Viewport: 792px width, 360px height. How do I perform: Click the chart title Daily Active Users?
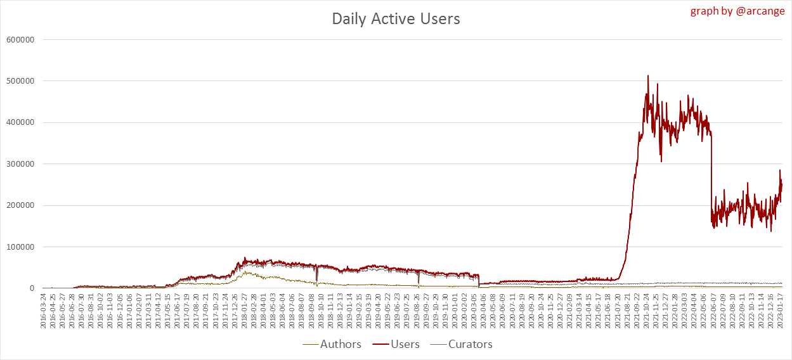pos(396,19)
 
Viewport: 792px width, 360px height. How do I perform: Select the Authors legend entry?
pos(341,344)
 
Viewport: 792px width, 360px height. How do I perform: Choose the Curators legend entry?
pos(470,344)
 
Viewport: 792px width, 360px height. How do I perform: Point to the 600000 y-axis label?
pos(19,39)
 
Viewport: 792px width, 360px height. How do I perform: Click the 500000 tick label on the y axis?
pos(19,81)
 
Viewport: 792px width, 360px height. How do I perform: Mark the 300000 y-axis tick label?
pos(19,164)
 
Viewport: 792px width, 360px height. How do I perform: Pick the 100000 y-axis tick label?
pos(19,247)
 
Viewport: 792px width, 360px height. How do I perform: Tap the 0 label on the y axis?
pos(30,288)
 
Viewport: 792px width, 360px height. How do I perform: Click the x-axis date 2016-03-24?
pos(43,311)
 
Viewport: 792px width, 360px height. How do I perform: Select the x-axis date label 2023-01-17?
pos(781,311)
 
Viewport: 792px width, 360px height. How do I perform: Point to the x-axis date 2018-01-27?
pos(244,311)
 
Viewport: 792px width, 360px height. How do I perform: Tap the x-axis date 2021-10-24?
pos(647,311)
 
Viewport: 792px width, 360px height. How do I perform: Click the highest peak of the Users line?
pos(647,75)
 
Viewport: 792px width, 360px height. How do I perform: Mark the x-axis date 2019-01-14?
pos(349,311)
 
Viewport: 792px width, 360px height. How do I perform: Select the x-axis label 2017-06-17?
pos(178,311)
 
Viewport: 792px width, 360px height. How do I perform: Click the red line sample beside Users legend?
pos(380,344)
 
